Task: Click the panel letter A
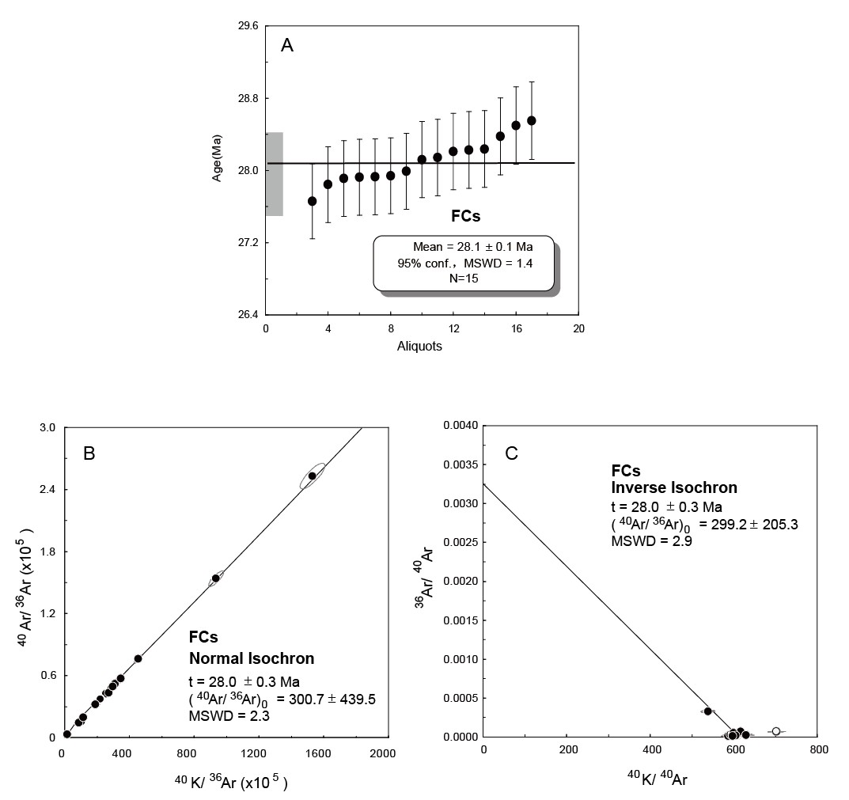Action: click(287, 46)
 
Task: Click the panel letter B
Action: click(89, 453)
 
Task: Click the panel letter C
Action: click(511, 453)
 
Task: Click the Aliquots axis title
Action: click(419, 347)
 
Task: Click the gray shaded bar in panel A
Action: click(274, 174)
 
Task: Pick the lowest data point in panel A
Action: click(313, 201)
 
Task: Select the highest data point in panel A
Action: click(532, 120)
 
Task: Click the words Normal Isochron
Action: click(251, 658)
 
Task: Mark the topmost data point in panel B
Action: click(313, 476)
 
